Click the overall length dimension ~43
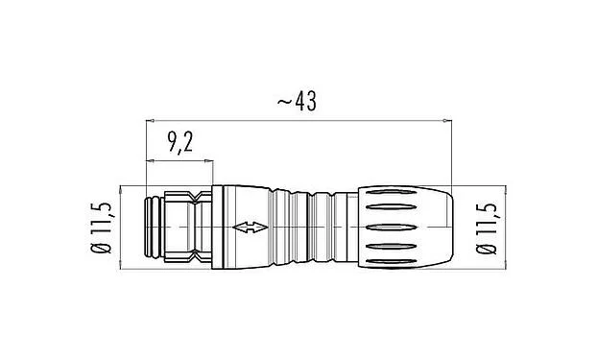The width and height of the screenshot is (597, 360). (298, 100)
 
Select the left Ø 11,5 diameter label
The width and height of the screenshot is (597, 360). (107, 228)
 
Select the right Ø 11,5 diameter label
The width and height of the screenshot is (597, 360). (487, 228)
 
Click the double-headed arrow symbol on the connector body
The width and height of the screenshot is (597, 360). (249, 228)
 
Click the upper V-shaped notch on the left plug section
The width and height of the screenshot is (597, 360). (195, 199)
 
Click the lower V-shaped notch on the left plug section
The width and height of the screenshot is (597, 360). (195, 256)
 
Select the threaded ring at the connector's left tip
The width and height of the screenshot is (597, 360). (153, 228)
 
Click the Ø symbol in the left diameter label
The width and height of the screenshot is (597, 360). (107, 253)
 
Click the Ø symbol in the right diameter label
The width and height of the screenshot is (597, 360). (487, 253)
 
